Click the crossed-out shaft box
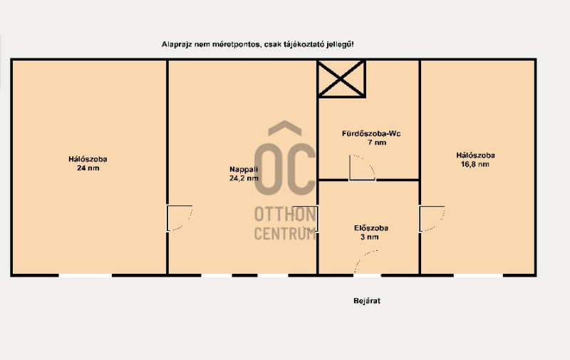(341, 78)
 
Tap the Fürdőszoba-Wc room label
(371, 134)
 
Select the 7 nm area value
(377, 143)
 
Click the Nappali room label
(244, 170)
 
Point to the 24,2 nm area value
(244, 178)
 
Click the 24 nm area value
(88, 168)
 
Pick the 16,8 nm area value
(475, 164)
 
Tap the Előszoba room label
(371, 228)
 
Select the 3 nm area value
(370, 237)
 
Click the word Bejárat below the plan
(367, 301)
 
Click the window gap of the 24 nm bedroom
(85, 276)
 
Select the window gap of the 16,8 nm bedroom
(478, 276)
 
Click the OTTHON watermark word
(285, 214)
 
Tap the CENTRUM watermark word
(285, 233)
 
